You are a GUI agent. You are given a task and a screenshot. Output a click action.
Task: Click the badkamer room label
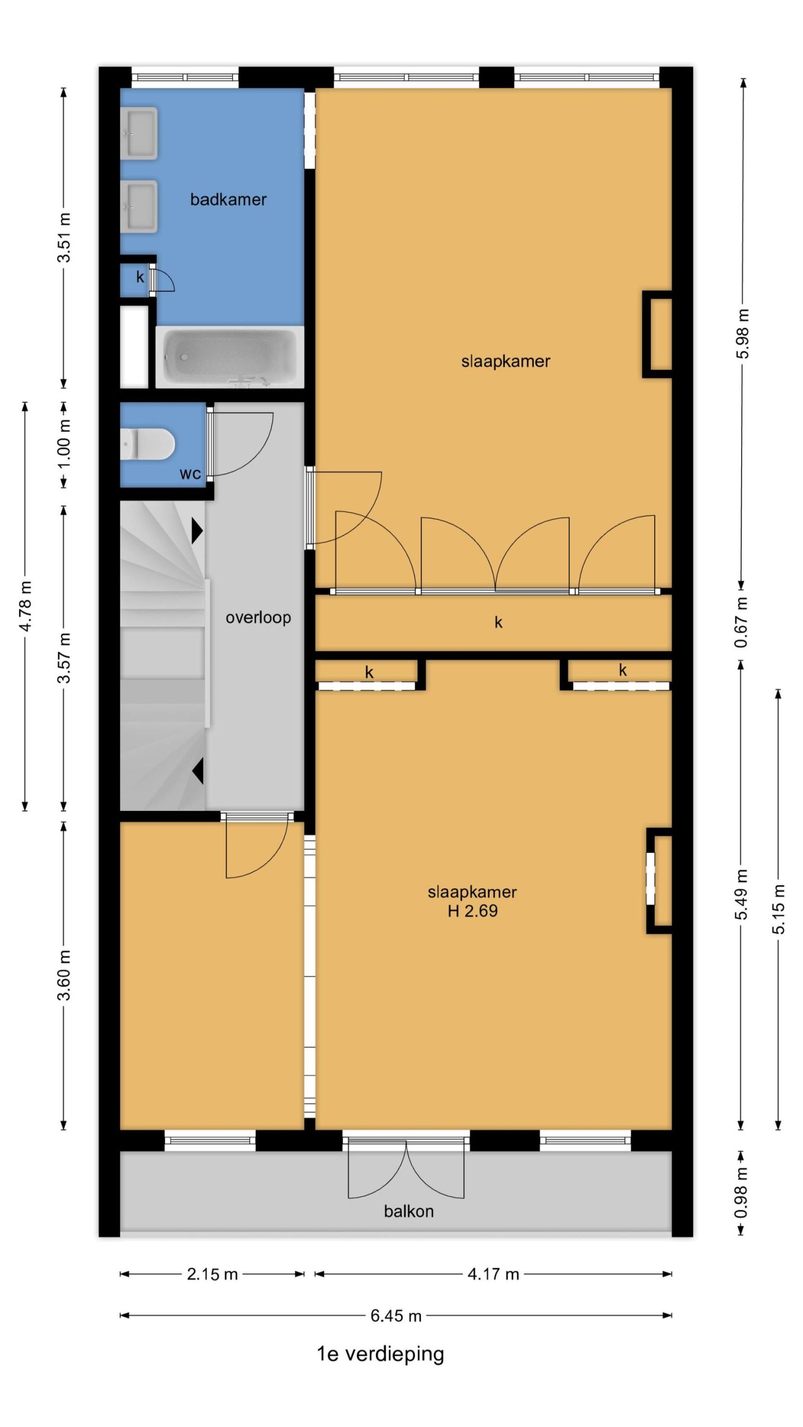coord(228,200)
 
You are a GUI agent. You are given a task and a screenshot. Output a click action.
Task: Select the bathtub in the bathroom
coord(229,357)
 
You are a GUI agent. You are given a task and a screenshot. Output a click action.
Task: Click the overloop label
coord(258,618)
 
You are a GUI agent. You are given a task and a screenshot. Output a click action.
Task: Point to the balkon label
coord(409,1211)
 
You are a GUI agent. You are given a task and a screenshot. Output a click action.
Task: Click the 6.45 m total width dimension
coord(396,1316)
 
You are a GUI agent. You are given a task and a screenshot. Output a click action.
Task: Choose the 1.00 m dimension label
coord(64,444)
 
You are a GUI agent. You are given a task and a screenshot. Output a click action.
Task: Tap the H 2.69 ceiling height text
coord(472,911)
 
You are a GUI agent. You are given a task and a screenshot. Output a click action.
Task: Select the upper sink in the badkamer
coord(139,133)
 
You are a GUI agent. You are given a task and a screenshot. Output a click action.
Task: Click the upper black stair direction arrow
coord(197,531)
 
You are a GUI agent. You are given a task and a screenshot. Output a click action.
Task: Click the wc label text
coord(190,474)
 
